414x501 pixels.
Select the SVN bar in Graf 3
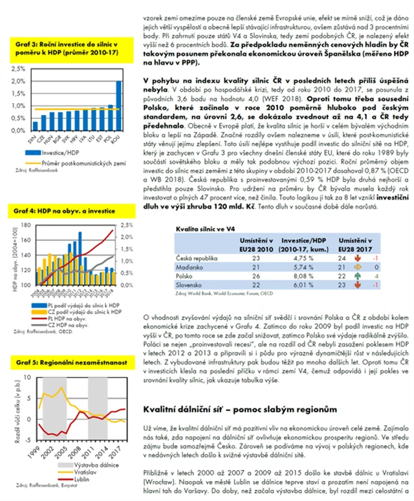click(x=34, y=125)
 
